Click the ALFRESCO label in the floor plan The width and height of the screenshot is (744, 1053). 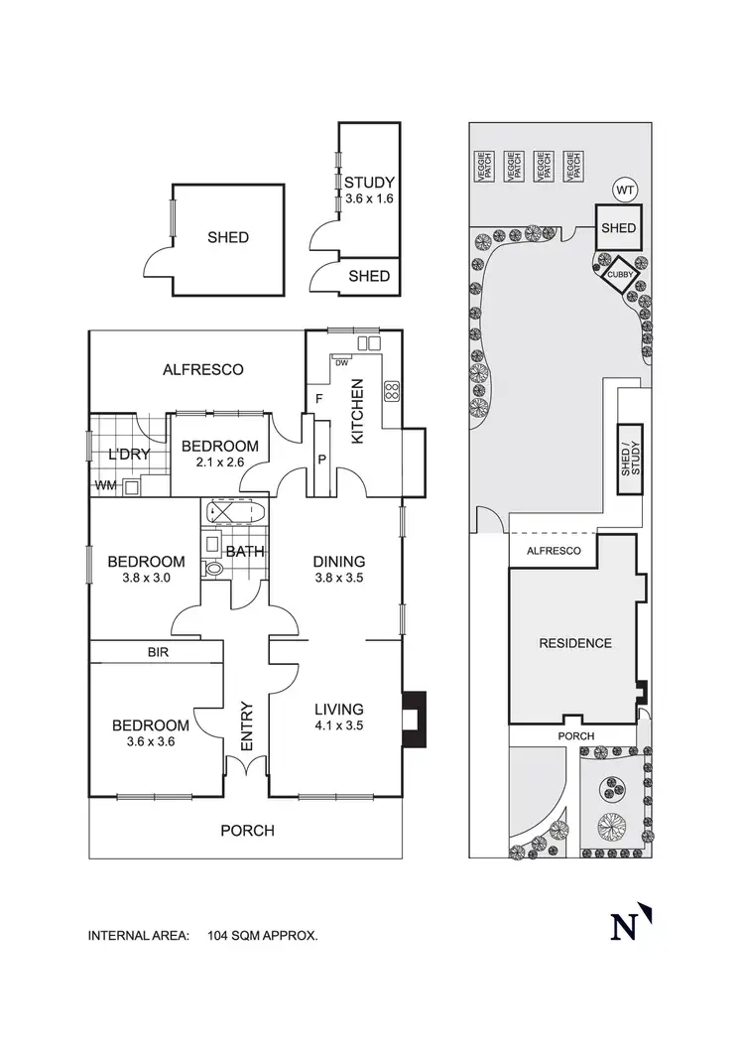202,369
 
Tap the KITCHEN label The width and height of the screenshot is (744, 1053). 358,411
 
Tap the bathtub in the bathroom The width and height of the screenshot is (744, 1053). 234,514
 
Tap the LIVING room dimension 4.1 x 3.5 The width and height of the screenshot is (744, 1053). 338,726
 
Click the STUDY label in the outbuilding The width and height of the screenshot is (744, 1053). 369,183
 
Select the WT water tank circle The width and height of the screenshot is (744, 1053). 623,190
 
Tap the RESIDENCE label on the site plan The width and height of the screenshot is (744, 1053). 575,643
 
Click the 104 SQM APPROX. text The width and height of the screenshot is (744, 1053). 263,935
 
